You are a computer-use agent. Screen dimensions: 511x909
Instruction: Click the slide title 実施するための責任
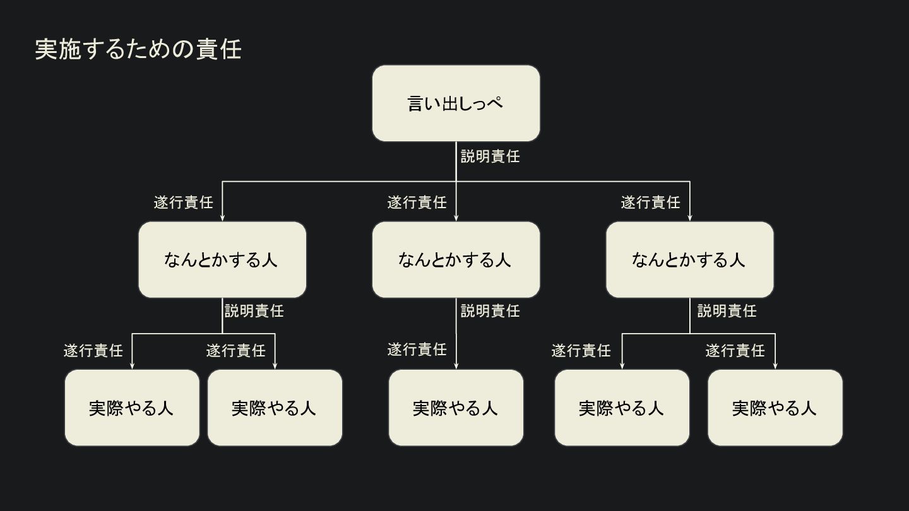coord(138,49)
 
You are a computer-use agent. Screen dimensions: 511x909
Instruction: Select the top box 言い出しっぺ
coord(456,103)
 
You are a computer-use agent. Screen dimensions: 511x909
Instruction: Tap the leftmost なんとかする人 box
coord(222,259)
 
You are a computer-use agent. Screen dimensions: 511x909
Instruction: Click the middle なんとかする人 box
coord(456,259)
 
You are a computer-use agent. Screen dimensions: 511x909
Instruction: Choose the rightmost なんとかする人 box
coord(689,259)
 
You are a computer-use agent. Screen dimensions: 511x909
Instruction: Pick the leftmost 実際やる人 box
coord(132,408)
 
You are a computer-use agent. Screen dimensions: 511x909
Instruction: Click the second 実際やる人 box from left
coord(275,408)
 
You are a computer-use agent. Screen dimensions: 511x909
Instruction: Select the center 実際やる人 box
coord(456,408)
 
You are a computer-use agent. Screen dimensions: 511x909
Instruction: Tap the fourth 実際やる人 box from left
coord(622,408)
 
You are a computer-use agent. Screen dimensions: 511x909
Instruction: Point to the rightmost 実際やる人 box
coord(775,408)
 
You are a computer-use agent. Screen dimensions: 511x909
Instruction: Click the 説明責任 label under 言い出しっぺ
coord(490,156)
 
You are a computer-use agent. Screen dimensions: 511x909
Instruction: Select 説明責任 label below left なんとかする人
coord(254,311)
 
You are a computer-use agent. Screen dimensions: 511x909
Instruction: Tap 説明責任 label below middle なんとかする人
coord(490,311)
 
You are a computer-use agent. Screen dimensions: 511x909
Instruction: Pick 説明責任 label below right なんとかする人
coord(727,311)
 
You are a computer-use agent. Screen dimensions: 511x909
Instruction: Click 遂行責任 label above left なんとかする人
coord(184,203)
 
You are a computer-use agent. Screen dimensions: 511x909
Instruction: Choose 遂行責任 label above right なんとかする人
coord(650,203)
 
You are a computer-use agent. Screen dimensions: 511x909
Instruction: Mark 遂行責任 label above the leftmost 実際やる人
coord(93,351)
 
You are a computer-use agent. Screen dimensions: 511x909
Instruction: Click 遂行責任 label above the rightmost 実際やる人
coord(735,351)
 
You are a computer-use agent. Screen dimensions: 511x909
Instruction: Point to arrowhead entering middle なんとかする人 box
coord(456,218)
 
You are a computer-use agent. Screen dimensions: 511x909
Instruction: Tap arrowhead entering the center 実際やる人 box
coord(456,366)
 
